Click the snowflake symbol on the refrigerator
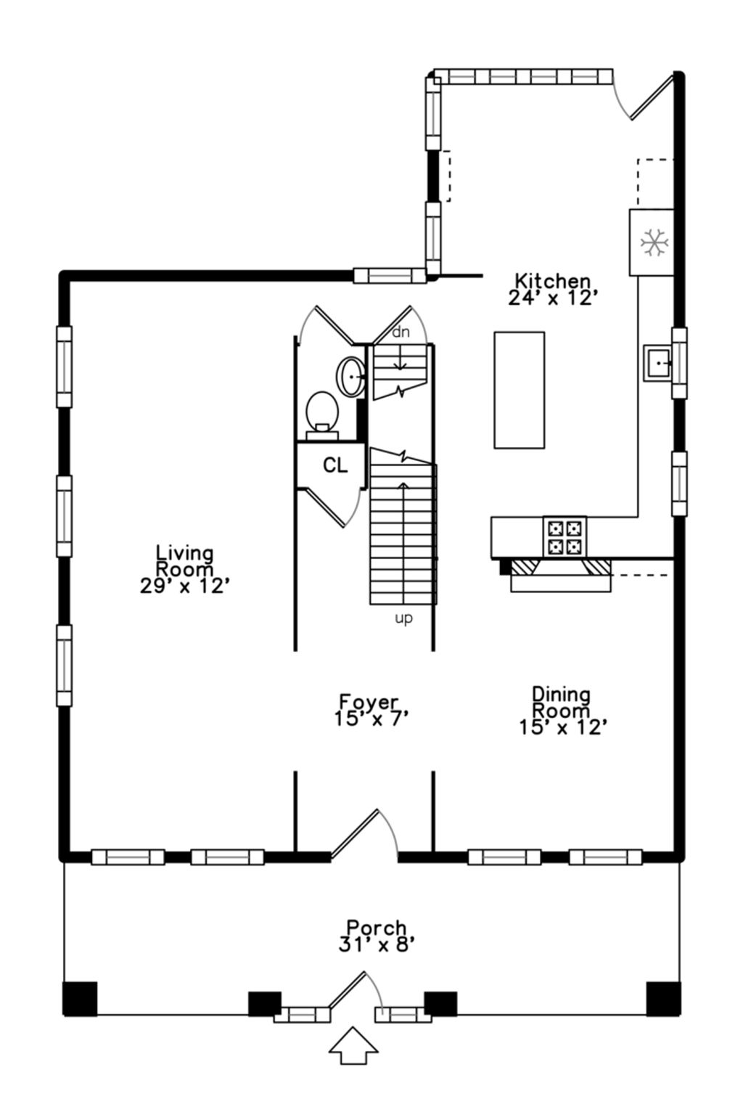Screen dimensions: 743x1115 pyautogui.click(x=652, y=242)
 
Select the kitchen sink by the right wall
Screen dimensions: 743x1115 pyautogui.click(x=658, y=363)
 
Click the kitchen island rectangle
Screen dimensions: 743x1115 pyautogui.click(x=519, y=390)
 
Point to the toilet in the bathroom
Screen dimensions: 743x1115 pyautogui.click(x=322, y=416)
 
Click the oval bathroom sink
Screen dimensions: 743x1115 pyautogui.click(x=351, y=377)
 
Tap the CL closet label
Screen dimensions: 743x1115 pyautogui.click(x=335, y=465)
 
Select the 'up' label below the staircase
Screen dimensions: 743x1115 pyautogui.click(x=403, y=619)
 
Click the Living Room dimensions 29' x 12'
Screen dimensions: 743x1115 pyautogui.click(x=184, y=587)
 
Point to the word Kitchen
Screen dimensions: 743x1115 pyautogui.click(x=552, y=281)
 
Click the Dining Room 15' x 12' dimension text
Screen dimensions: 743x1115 pyautogui.click(x=563, y=728)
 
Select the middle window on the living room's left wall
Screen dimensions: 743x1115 pyautogui.click(x=64, y=515)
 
